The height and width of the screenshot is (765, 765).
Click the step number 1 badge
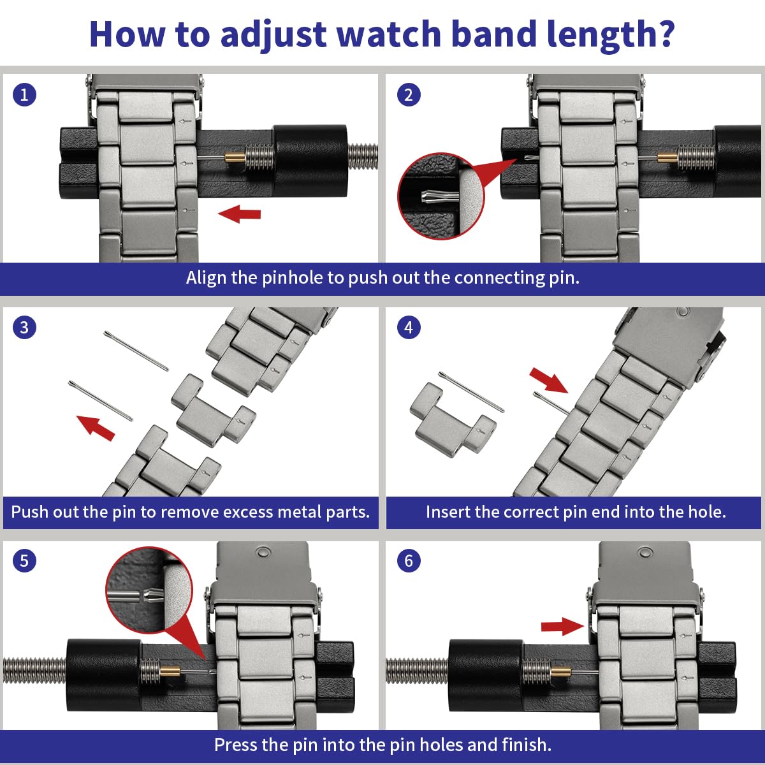coord(24,95)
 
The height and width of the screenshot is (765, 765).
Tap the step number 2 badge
coord(409,95)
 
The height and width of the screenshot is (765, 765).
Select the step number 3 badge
coord(24,328)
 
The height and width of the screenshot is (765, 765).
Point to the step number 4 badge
coord(409,328)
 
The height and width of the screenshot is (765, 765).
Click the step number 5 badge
coord(24,561)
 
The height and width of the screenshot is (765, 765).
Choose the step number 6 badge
coord(409,561)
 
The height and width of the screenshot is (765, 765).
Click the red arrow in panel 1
coord(240,214)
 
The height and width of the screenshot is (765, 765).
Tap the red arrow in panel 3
coord(96,427)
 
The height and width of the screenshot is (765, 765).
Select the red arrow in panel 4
coord(549,380)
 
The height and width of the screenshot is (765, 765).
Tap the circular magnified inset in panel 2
coord(441,196)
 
